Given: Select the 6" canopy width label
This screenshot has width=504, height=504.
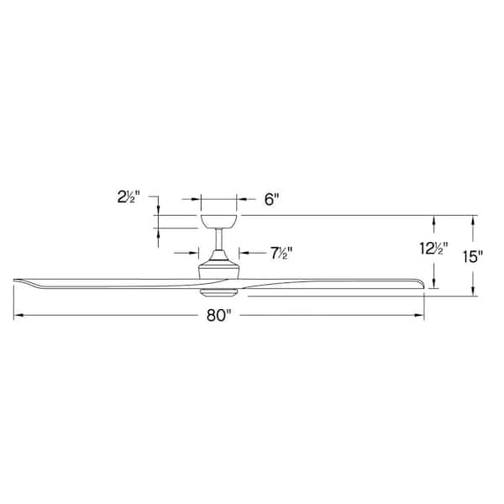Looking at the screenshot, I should click(270, 200).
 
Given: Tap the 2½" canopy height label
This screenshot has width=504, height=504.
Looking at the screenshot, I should click(129, 199).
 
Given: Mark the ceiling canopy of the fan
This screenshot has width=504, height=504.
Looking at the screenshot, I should click(218, 221).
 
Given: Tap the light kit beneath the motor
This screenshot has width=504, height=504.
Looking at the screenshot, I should click(218, 291).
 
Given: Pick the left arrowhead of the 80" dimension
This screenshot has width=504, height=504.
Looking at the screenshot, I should click(17, 317).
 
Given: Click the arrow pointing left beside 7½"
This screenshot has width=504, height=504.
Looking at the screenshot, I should click(244, 252).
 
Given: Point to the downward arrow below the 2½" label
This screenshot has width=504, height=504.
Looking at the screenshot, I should click(158, 209).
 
